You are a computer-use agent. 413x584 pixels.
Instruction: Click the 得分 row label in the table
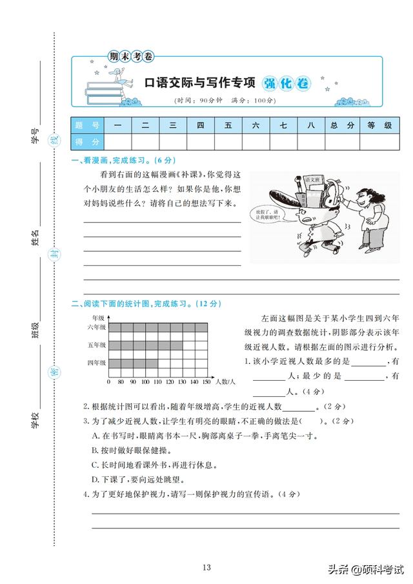click(x=87, y=141)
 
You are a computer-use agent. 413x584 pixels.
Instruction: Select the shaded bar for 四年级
click(x=133, y=363)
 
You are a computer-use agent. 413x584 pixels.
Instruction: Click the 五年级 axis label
click(x=97, y=346)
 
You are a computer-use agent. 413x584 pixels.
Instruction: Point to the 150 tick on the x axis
click(x=206, y=382)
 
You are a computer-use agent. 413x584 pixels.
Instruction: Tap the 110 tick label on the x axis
click(x=157, y=382)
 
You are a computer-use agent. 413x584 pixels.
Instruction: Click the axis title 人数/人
click(x=225, y=382)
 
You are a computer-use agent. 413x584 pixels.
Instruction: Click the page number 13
click(x=206, y=567)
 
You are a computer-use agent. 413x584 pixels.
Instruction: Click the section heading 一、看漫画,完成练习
click(x=123, y=160)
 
